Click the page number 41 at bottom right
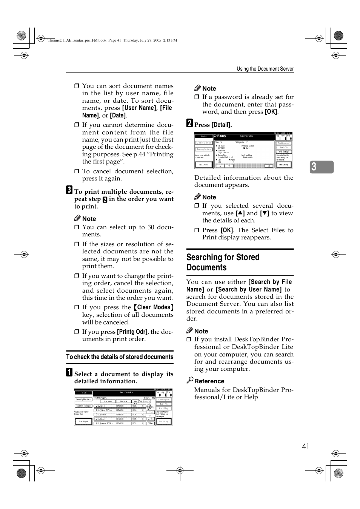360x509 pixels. tap(305, 446)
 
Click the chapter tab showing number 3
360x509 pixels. tap(322, 167)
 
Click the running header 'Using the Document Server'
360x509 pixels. tap(265, 69)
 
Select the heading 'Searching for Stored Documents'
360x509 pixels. tap(223, 262)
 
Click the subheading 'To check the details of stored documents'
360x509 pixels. tap(120, 357)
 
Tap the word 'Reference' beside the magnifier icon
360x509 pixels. tap(209, 381)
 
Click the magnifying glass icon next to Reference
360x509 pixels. tap(190, 380)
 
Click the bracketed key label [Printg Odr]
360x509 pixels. tap(132, 332)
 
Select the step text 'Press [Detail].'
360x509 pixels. tap(213, 125)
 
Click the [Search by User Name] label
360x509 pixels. tap(249, 289)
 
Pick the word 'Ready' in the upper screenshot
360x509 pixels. tap(222, 136)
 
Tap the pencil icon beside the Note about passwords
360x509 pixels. tap(197, 88)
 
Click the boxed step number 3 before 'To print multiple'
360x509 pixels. tap(69, 190)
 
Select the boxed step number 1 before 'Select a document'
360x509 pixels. tap(69, 372)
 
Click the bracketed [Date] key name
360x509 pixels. tap(118, 115)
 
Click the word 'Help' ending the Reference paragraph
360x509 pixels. tap(251, 397)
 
